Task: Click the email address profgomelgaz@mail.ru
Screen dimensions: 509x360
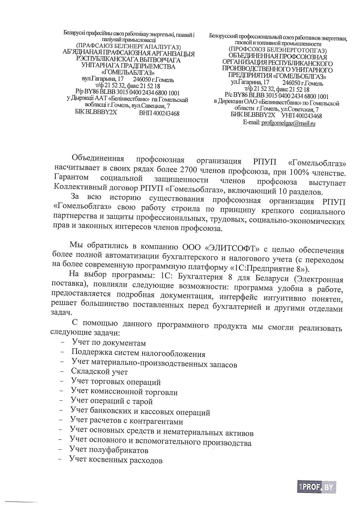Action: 288,124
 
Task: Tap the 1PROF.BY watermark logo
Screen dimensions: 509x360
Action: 316,487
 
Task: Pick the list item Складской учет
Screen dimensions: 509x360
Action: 99,372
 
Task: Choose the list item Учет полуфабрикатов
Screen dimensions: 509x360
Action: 109,450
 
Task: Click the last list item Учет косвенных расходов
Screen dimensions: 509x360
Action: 116,460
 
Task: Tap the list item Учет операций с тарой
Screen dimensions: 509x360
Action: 112,401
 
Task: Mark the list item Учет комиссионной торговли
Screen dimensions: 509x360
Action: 124,392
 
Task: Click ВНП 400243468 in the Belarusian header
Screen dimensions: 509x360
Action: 159,113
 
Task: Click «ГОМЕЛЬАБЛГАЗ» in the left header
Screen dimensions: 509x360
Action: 128,73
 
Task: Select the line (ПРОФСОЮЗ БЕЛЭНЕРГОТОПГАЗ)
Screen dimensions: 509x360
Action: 278,50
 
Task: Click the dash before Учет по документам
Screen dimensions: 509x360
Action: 63,343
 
